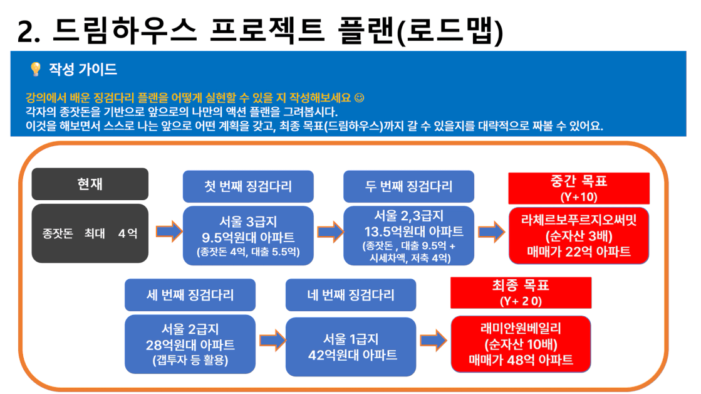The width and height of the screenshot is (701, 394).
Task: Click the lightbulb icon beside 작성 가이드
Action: (35, 69)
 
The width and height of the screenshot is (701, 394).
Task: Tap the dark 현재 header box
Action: (90, 184)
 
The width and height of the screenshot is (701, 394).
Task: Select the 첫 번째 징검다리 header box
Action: (248, 186)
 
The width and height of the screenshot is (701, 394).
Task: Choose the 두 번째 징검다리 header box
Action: (408, 186)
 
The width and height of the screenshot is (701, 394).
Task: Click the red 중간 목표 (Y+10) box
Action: (579, 188)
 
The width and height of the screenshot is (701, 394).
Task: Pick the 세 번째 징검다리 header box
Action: (190, 295)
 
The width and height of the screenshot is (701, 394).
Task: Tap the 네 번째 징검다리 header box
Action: (351, 295)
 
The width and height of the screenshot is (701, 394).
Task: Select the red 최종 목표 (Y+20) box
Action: (521, 293)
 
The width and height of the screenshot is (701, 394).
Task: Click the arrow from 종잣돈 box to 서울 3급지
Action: (169, 232)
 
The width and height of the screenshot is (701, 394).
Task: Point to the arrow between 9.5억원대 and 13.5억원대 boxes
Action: (330, 232)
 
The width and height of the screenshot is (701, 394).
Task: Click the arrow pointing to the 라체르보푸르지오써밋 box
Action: (491, 232)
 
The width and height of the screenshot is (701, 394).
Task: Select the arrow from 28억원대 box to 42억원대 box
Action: (273, 340)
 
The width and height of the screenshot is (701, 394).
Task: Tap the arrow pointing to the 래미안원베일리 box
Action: (434, 340)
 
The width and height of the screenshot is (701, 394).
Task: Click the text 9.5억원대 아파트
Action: (248, 237)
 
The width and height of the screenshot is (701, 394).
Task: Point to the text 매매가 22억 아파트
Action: (579, 252)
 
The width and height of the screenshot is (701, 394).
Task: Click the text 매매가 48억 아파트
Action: (521, 360)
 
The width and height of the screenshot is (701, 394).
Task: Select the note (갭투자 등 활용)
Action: (190, 360)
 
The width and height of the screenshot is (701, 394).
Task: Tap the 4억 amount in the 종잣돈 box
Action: (128, 233)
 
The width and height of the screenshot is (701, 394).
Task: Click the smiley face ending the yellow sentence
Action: (359, 98)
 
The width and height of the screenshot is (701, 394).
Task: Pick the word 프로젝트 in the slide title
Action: (267, 31)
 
